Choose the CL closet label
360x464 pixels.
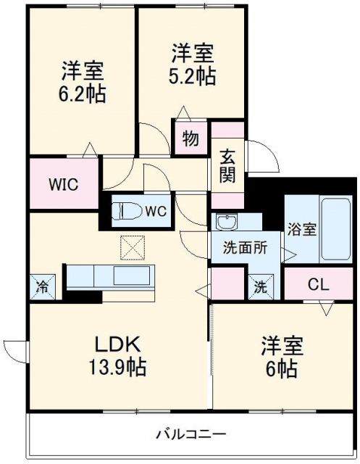pos(318,284)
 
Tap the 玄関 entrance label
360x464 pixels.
pos(227,165)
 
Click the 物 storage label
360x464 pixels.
pos(190,138)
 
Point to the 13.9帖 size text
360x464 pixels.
pos(118,367)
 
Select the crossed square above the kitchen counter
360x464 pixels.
pos(133,248)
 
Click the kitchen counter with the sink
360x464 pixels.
pos(109,277)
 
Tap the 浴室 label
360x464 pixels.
pos(301,229)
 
